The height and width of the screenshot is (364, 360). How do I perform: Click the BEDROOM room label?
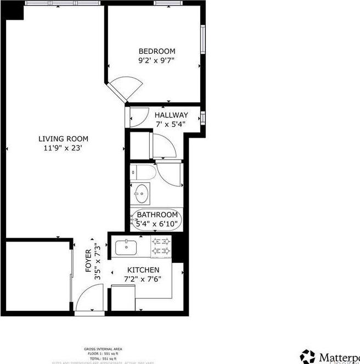tap(157, 52)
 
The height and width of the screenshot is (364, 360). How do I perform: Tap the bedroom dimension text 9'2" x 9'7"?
tap(157, 61)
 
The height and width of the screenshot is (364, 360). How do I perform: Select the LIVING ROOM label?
tap(63, 138)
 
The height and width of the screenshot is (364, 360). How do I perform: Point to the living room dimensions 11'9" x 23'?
tap(63, 148)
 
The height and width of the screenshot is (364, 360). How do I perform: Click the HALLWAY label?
tap(171, 115)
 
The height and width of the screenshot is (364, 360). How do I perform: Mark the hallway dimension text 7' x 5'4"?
tap(170, 124)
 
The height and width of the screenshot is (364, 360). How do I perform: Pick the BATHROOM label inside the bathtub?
tap(157, 215)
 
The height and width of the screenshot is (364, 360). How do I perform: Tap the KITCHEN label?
tap(144, 270)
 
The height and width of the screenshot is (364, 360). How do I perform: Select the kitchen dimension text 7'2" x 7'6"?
tap(144, 279)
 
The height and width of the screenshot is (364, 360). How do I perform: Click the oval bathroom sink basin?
tap(141, 193)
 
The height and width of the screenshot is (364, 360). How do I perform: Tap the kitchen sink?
tap(126, 248)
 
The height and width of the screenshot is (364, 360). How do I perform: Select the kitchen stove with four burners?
tap(161, 247)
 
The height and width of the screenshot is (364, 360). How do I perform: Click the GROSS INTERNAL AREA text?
tap(103, 349)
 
